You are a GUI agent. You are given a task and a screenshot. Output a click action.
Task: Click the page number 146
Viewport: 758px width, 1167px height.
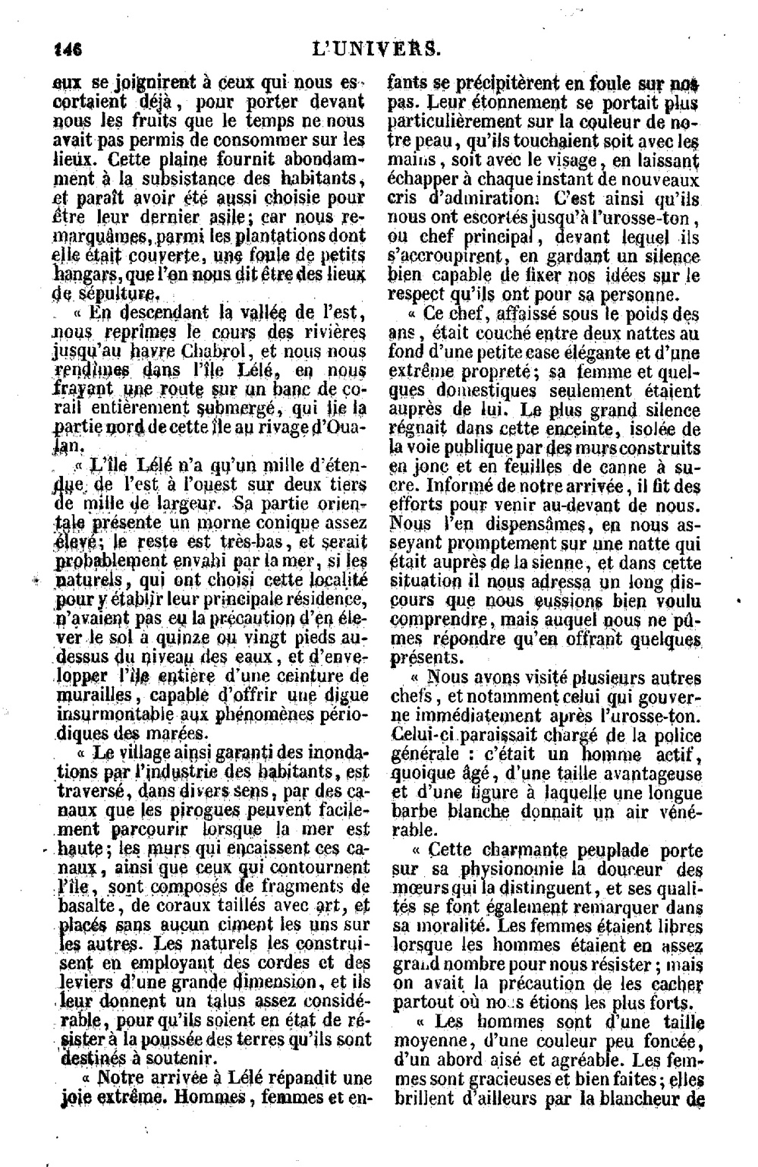coord(68,49)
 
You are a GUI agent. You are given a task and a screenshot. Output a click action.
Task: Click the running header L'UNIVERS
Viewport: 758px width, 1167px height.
coord(376,49)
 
